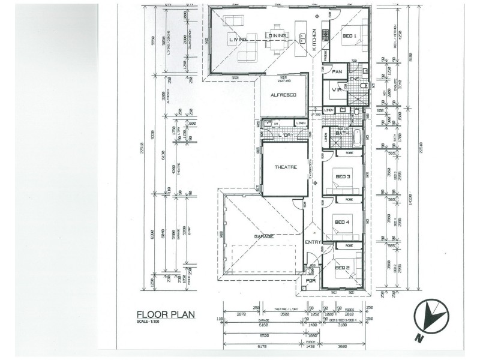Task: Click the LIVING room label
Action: [x=238, y=40]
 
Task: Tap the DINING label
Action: [x=278, y=36]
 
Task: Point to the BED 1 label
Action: [x=350, y=37]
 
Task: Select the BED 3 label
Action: [x=343, y=176]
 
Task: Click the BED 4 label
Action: [x=342, y=222]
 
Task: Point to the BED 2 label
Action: [x=342, y=267]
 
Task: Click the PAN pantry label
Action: [x=337, y=72]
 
